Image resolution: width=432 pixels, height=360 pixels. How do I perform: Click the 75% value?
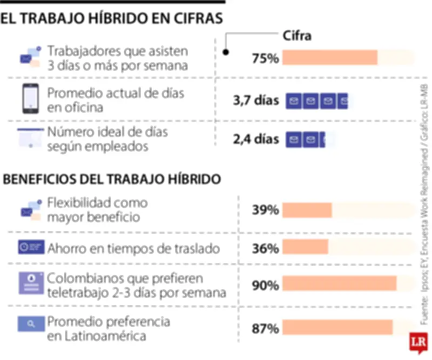(265, 58)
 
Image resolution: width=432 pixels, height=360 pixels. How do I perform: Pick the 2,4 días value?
(256, 139)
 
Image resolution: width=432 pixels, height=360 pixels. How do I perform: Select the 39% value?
(265, 210)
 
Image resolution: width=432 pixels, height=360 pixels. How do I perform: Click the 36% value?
(265, 248)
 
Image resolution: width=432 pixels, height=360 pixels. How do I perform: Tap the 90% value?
(265, 285)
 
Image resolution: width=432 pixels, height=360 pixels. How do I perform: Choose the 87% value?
(265, 328)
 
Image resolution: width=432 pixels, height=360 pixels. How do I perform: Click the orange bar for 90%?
(339, 285)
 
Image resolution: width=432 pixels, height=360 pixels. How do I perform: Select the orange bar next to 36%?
(305, 247)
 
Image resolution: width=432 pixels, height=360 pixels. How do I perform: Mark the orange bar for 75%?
(329, 58)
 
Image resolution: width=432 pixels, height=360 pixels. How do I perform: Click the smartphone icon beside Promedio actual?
(30, 99)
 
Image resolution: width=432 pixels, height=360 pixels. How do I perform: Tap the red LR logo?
(416, 342)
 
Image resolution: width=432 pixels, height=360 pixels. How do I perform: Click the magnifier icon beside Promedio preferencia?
(30, 324)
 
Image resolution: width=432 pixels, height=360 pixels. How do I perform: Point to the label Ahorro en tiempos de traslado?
(133, 249)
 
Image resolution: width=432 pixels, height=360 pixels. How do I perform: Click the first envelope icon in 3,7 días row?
(293, 101)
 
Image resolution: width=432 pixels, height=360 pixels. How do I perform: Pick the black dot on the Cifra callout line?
(226, 52)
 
